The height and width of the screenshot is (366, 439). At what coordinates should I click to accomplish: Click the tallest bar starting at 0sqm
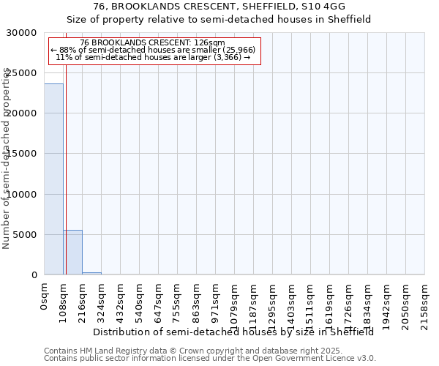53,179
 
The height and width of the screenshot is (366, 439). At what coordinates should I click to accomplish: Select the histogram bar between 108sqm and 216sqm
72,253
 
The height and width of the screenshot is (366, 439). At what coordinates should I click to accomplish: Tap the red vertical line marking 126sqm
66,168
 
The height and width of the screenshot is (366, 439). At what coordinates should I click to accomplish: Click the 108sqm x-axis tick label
63,299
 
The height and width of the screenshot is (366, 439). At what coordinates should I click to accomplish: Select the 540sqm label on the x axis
139,299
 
